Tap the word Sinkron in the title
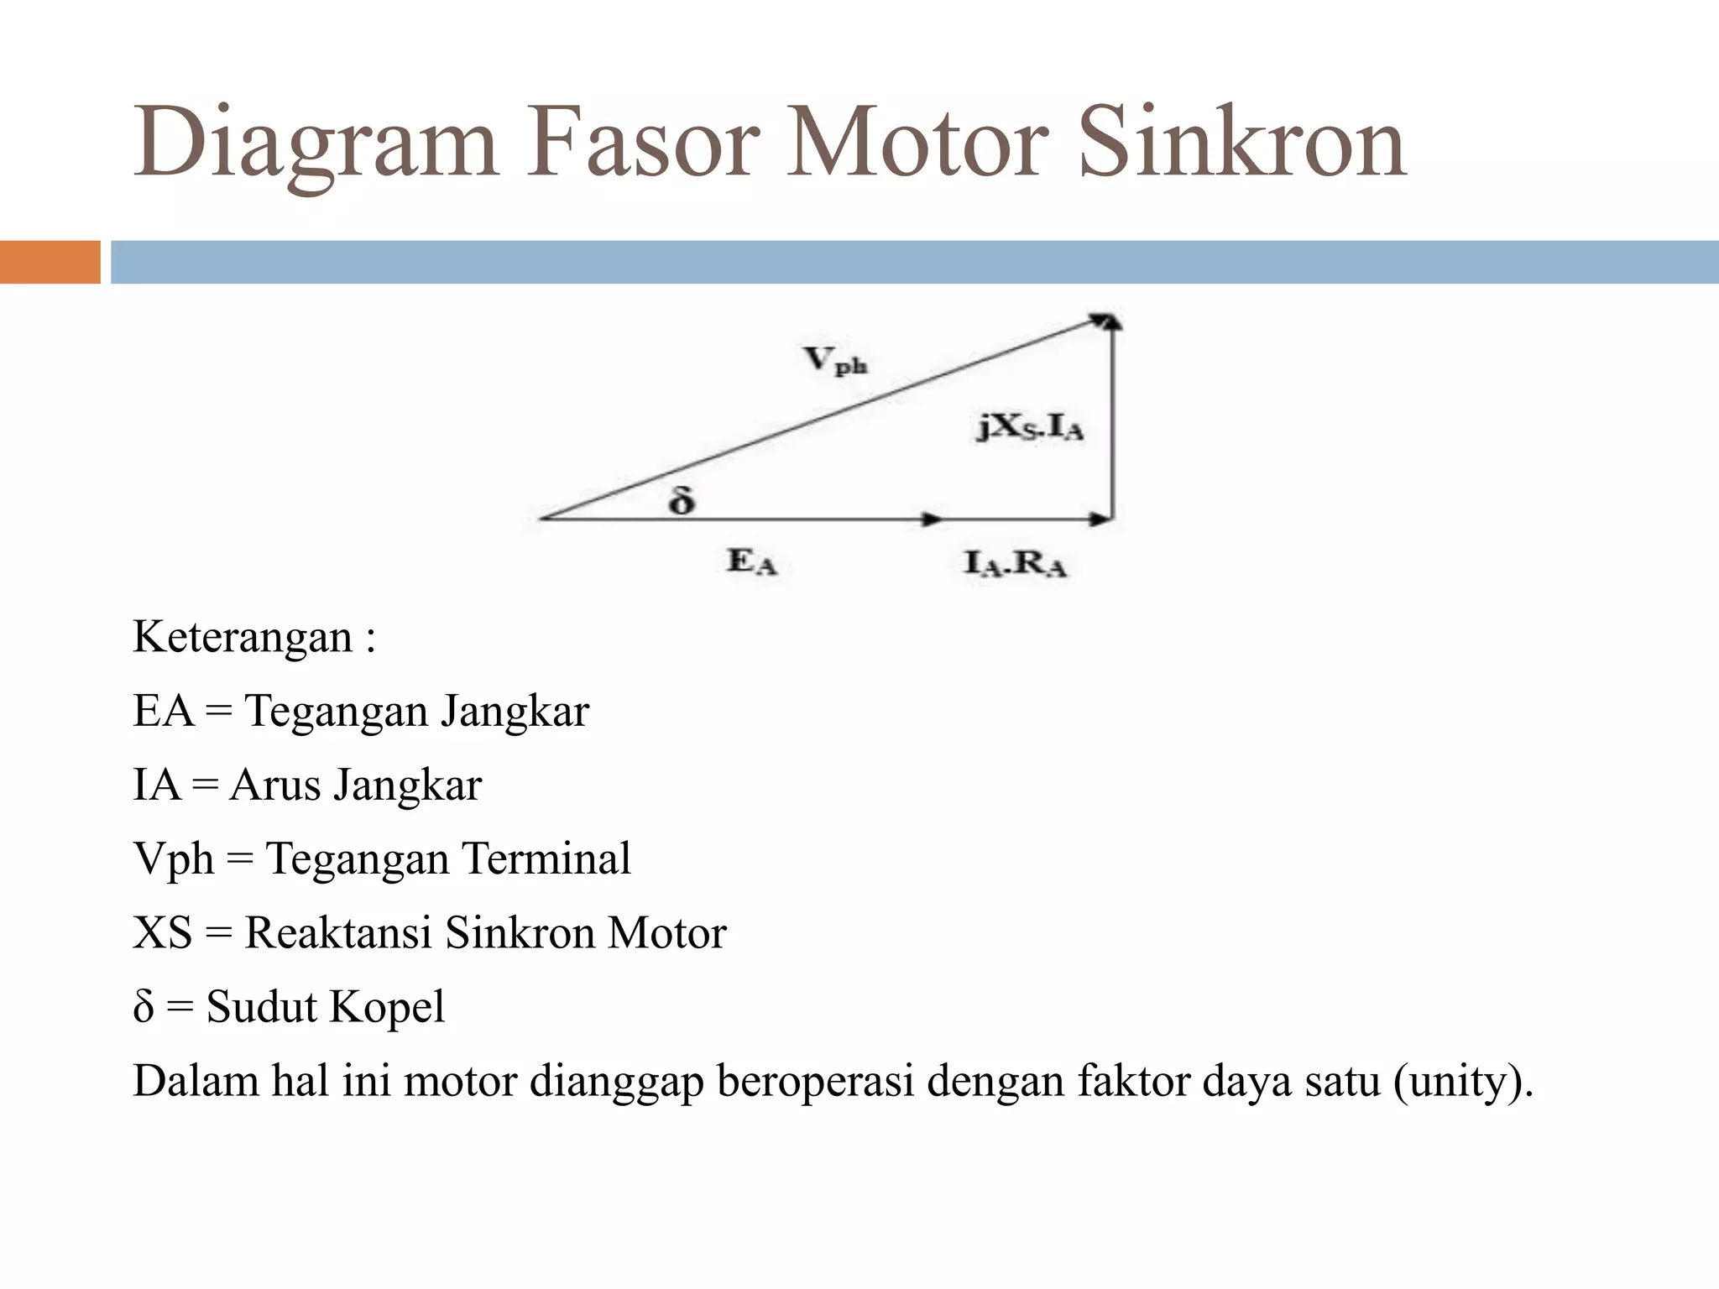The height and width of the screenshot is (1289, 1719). [x=1242, y=143]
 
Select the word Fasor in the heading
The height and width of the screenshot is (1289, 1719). [x=642, y=143]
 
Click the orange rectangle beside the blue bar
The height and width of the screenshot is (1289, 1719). [x=50, y=262]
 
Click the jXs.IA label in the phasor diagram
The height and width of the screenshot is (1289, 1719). [x=1030, y=428]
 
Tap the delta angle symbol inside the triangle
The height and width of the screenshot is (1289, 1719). [x=682, y=501]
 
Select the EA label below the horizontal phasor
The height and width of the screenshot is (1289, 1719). [x=752, y=561]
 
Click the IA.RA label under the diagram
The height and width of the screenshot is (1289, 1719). [x=1015, y=563]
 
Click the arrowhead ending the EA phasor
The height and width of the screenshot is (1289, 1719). [x=932, y=519]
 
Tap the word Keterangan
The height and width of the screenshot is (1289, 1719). [x=243, y=638]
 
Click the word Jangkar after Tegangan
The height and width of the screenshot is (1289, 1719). [x=515, y=712]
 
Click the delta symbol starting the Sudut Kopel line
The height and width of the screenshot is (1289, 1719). [x=144, y=1007]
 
